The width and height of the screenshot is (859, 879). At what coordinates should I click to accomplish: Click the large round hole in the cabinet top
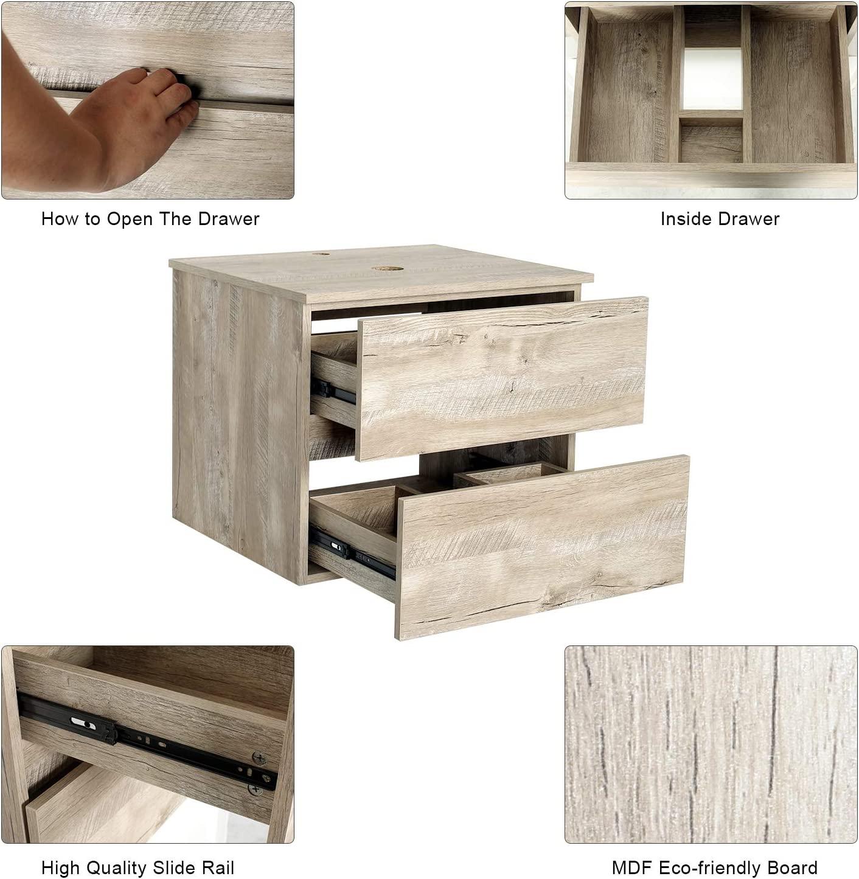(388, 268)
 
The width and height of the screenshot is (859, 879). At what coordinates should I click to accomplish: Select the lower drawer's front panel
(542, 547)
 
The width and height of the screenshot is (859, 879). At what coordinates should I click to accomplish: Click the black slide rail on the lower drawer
(352, 555)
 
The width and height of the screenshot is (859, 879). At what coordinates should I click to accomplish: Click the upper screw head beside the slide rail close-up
(259, 759)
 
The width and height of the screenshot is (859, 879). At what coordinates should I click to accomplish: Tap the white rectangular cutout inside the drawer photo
(712, 80)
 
